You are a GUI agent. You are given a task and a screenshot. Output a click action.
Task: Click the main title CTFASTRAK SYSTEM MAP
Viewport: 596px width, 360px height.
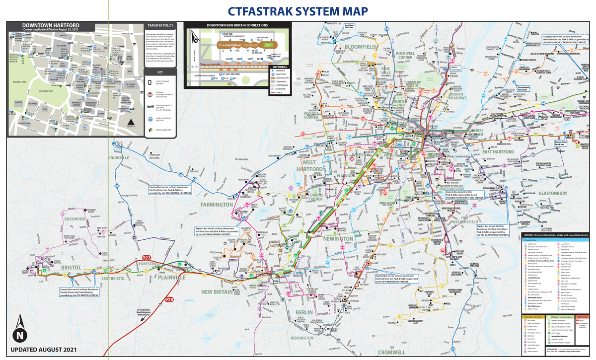pos(298,11)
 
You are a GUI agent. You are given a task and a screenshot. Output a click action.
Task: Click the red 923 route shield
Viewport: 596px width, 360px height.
pos(147,258)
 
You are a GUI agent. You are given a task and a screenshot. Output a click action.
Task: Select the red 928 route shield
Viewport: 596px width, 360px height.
pos(169,300)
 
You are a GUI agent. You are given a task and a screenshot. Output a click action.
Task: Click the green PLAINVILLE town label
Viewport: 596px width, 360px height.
pos(172,279)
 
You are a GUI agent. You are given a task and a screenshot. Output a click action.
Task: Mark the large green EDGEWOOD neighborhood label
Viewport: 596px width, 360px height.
pos(74,218)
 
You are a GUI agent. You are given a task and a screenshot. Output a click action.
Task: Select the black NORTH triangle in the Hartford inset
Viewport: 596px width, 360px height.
pos(130,123)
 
